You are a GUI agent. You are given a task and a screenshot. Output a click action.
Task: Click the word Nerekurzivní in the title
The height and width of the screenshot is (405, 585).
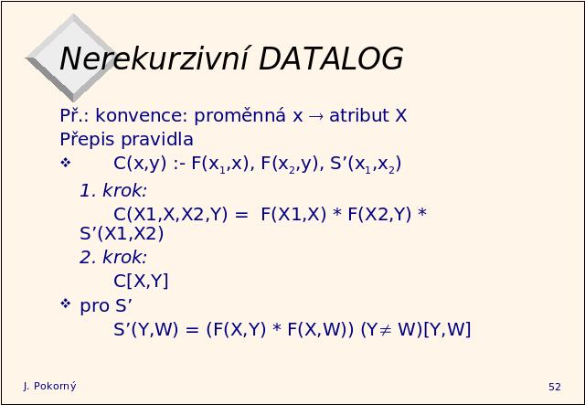pos(154,59)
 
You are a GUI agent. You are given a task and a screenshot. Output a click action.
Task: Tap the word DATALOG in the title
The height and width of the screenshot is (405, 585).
pos(331,59)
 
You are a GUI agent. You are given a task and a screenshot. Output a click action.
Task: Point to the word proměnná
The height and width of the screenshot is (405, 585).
pos(239,115)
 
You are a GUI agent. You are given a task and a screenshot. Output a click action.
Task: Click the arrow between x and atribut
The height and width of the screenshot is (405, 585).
pos(316,116)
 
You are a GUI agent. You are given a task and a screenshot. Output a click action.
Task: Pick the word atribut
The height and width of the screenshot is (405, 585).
pos(359,115)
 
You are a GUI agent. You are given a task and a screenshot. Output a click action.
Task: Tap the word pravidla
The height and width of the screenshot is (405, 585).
pos(157,140)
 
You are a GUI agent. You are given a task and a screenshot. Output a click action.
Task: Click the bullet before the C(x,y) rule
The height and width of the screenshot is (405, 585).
pos(65,163)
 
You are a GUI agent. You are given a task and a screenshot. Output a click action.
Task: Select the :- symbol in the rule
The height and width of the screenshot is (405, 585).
pos(179,165)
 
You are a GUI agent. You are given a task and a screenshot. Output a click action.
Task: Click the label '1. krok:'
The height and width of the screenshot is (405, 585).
pos(113,191)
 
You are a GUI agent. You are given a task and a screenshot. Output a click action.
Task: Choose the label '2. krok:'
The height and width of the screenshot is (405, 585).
pos(113,257)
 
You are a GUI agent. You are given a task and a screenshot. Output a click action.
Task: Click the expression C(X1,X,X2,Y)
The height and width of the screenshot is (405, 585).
pos(171,215)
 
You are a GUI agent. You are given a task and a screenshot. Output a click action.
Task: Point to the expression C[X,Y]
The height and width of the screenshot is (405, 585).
pos(141,281)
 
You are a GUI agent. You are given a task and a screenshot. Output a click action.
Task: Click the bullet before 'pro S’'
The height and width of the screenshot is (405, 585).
pos(65,304)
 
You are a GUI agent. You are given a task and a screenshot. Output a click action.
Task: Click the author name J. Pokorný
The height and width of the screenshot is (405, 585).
pos(49,387)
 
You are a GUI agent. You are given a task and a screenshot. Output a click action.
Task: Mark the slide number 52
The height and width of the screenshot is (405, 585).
pos(555,387)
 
